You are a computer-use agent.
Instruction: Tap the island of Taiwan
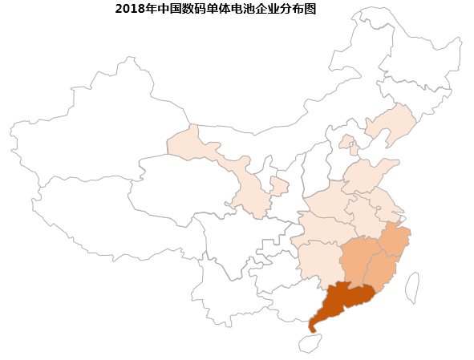coord(411,288)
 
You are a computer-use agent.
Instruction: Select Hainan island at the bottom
coord(310,344)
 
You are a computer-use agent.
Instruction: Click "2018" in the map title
coord(128,10)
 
